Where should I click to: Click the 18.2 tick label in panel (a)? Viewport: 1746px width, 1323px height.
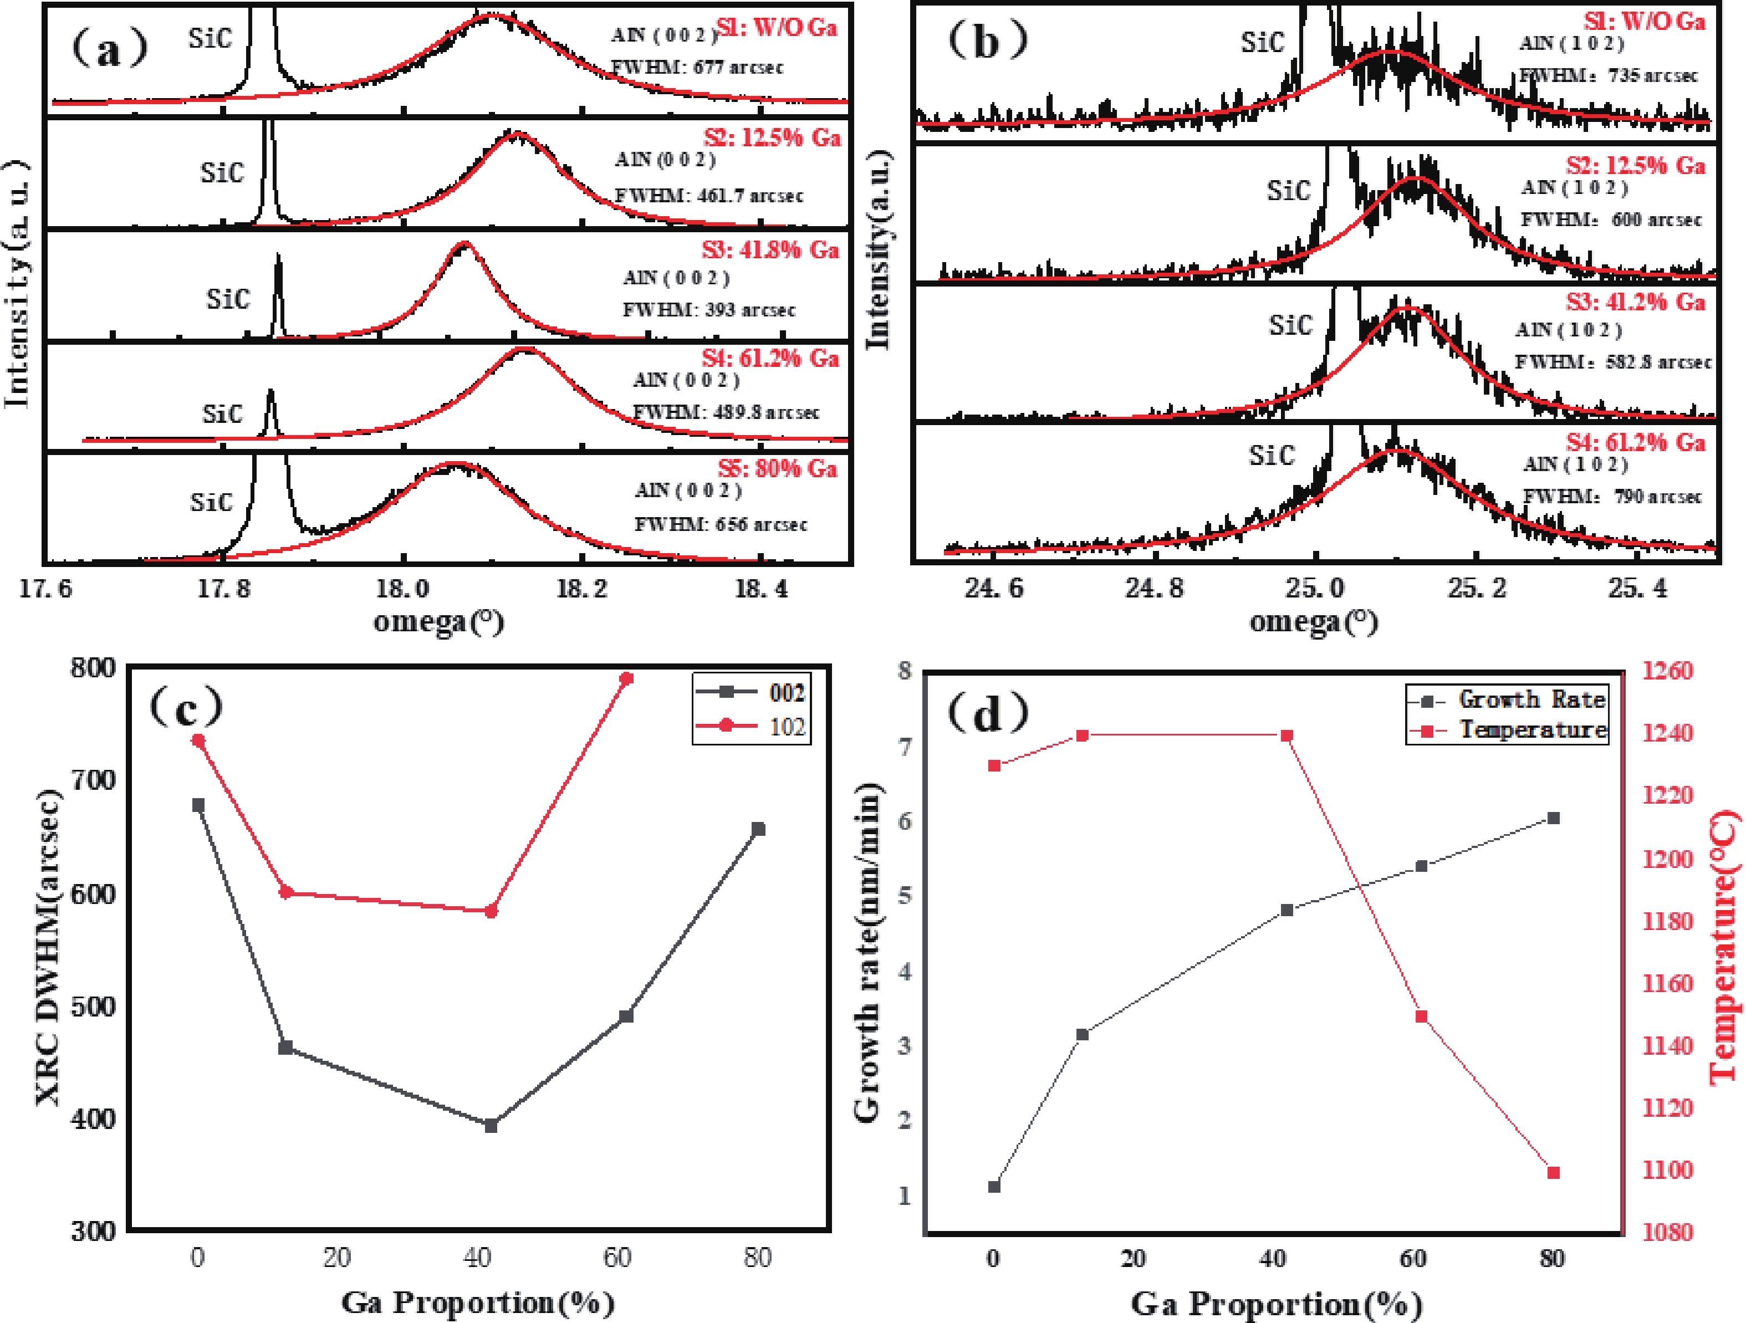click(x=582, y=588)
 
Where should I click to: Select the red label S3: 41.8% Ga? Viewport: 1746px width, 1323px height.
click(x=769, y=250)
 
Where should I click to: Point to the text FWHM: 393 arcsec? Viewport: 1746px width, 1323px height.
click(x=709, y=309)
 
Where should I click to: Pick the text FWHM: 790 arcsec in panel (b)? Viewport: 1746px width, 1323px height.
click(x=1612, y=497)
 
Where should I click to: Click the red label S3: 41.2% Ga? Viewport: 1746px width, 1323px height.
click(x=1636, y=302)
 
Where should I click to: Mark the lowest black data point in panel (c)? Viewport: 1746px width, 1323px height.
click(x=491, y=1126)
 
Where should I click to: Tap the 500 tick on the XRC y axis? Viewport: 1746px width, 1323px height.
click(x=93, y=1007)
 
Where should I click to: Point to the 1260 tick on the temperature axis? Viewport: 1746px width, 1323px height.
click(x=1668, y=671)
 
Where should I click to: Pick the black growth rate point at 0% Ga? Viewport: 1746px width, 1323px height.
click(x=994, y=1187)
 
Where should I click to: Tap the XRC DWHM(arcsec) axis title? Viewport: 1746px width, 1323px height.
click(x=49, y=947)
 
